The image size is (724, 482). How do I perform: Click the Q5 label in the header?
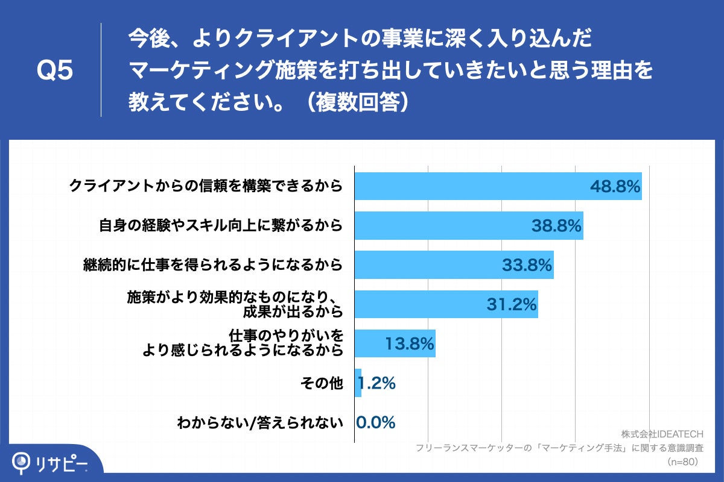pyautogui.click(x=55, y=71)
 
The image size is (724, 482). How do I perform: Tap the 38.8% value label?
pyautogui.click(x=556, y=226)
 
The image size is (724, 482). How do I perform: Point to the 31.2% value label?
pyautogui.click(x=512, y=305)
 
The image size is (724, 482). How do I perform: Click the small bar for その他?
pyautogui.click(x=358, y=383)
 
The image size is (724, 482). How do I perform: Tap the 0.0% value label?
pyautogui.click(x=375, y=422)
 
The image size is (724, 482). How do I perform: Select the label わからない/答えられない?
pyautogui.click(x=260, y=423)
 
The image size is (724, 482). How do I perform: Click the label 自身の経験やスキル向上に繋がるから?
pyautogui.click(x=221, y=226)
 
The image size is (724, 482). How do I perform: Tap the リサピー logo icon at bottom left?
pyautogui.click(x=23, y=461)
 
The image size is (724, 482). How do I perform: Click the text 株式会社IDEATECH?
pyautogui.click(x=662, y=434)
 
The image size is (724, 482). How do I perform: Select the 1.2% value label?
pyautogui.click(x=377, y=383)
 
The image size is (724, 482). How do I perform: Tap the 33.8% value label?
pyautogui.click(x=527, y=265)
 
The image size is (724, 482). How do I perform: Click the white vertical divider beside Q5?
pyautogui.click(x=101, y=70)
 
